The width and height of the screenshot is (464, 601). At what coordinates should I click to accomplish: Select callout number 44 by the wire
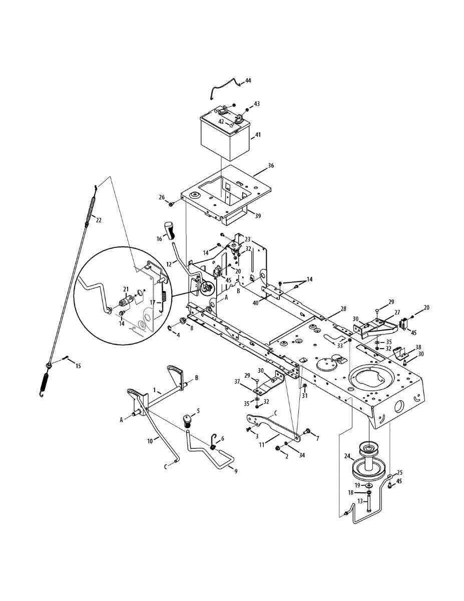tap(248, 81)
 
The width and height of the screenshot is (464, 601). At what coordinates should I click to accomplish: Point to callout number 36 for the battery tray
tap(271, 165)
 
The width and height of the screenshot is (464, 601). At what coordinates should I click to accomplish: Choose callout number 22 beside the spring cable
tap(99, 220)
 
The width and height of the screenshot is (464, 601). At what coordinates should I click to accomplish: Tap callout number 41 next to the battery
tap(258, 135)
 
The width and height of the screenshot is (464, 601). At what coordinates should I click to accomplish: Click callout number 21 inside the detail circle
tap(126, 289)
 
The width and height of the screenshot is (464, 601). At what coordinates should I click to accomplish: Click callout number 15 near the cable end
tap(78, 366)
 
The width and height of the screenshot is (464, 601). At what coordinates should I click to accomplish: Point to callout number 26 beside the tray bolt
tap(161, 197)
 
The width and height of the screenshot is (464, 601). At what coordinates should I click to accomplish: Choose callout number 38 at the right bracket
tap(418, 347)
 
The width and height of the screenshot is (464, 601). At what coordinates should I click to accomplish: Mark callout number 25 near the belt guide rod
tap(399, 472)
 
